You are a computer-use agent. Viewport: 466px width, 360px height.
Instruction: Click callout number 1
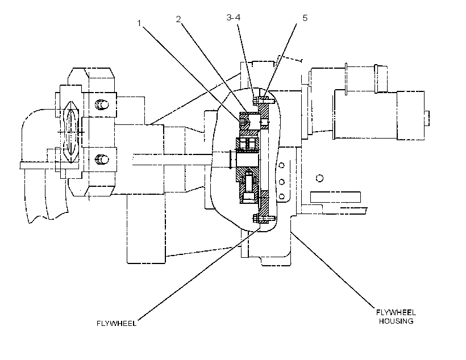pyautogui.click(x=139, y=23)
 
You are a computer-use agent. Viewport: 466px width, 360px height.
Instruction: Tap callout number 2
pyautogui.click(x=178, y=19)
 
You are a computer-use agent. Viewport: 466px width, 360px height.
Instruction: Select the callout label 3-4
pyautogui.click(x=234, y=18)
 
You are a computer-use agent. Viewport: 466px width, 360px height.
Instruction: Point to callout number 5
pyautogui.click(x=305, y=18)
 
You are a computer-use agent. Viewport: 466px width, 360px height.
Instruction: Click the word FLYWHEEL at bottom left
pyautogui.click(x=116, y=324)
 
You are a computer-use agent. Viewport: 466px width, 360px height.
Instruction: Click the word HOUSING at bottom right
pyautogui.click(x=396, y=321)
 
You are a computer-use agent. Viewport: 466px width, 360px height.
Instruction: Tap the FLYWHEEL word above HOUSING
pyautogui.click(x=396, y=312)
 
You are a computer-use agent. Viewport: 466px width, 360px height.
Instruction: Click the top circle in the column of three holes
pyautogui.click(x=281, y=165)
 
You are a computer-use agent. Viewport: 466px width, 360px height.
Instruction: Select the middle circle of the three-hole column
pyautogui.click(x=282, y=182)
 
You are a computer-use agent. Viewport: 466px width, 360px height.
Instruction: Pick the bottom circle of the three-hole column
pyautogui.click(x=282, y=196)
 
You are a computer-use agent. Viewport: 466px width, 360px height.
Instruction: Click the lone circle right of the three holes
pyautogui.click(x=319, y=178)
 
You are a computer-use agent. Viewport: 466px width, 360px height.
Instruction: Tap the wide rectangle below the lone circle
pyautogui.click(x=335, y=197)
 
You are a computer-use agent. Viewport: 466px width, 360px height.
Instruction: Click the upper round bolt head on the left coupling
pyautogui.click(x=102, y=104)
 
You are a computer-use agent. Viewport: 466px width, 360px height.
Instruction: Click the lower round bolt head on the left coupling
pyautogui.click(x=102, y=160)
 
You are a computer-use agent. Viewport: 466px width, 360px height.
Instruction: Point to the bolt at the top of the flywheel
pyautogui.click(x=263, y=101)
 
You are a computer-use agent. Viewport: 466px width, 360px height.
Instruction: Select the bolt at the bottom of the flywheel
pyautogui.click(x=263, y=220)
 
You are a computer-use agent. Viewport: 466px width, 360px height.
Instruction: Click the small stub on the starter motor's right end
pyautogui.click(x=427, y=118)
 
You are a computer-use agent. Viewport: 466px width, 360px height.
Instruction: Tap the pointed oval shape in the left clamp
pyautogui.click(x=70, y=132)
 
